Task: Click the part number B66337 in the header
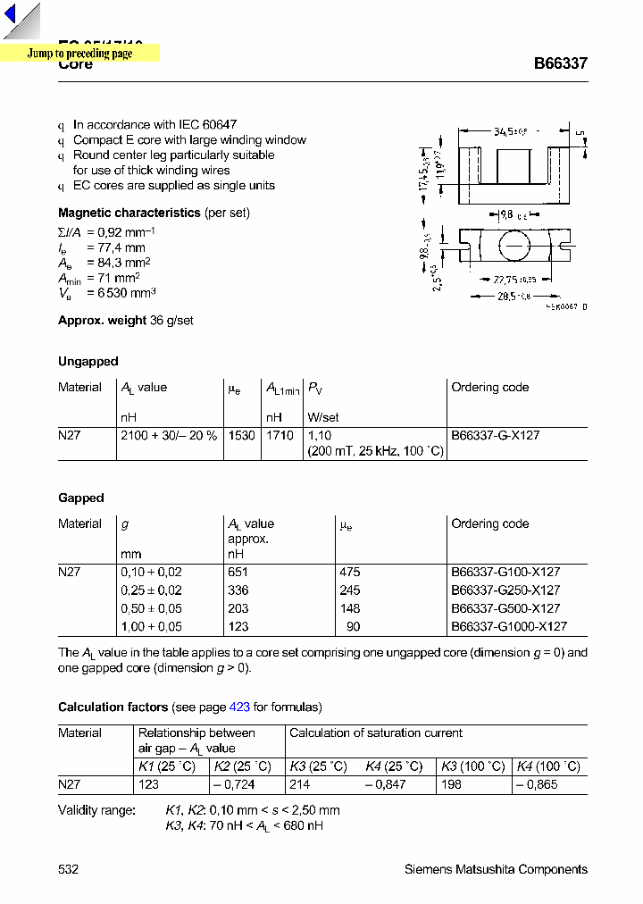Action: [560, 64]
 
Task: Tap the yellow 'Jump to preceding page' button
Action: [79, 54]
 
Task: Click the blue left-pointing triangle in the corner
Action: [10, 16]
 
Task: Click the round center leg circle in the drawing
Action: [514, 246]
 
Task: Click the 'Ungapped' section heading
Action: [88, 362]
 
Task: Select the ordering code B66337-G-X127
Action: [495, 436]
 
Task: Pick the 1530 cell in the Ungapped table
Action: [241, 436]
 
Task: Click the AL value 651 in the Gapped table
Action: [238, 572]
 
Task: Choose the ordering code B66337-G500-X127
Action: [505, 608]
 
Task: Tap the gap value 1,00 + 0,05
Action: [151, 627]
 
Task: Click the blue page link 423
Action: [239, 707]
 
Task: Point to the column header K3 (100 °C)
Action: [472, 766]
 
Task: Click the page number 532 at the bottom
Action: [68, 869]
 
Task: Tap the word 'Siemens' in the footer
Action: [428, 869]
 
